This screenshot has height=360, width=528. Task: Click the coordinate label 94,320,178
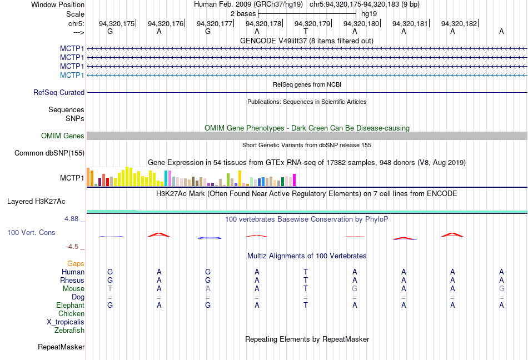263,23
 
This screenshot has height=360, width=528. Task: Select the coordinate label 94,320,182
459,23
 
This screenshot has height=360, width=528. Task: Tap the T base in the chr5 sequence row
306,32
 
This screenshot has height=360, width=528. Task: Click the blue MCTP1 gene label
72,75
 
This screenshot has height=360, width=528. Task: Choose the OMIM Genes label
63,136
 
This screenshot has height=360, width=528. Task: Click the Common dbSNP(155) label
49,153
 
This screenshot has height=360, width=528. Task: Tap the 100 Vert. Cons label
31,232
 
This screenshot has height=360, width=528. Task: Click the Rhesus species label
73,281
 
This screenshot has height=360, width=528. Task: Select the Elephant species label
71,305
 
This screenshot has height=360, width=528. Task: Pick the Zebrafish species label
69,331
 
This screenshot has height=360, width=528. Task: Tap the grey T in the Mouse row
110,289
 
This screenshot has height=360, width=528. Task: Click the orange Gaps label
76,263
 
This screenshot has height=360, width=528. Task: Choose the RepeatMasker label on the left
61,347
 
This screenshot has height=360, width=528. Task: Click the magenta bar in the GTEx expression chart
294,181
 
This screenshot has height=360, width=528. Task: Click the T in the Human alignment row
306,272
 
